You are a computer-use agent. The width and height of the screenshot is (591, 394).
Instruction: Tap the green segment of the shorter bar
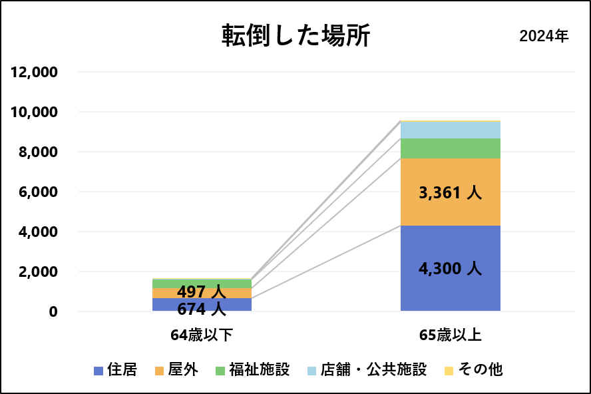(202, 283)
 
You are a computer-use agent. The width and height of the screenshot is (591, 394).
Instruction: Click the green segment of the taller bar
(450, 148)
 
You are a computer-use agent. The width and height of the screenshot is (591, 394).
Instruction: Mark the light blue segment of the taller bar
(450, 130)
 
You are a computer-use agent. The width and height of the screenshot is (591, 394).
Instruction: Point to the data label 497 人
(201, 292)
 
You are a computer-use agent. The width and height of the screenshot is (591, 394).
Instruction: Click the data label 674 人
(201, 308)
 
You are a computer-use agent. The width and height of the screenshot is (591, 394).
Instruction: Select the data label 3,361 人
(450, 193)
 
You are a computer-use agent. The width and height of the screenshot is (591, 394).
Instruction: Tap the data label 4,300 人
(450, 269)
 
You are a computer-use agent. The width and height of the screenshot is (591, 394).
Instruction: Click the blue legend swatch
(98, 371)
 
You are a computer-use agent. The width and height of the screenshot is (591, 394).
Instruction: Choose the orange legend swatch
(159, 371)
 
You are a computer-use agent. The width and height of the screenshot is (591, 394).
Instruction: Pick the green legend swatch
(220, 371)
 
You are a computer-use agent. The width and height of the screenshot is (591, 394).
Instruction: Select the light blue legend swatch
(311, 371)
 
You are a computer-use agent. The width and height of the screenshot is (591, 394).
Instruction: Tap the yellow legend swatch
(449, 371)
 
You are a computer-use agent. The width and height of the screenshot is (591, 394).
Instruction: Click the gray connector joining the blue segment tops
(326, 262)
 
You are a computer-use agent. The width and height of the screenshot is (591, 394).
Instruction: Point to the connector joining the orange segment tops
(326, 223)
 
